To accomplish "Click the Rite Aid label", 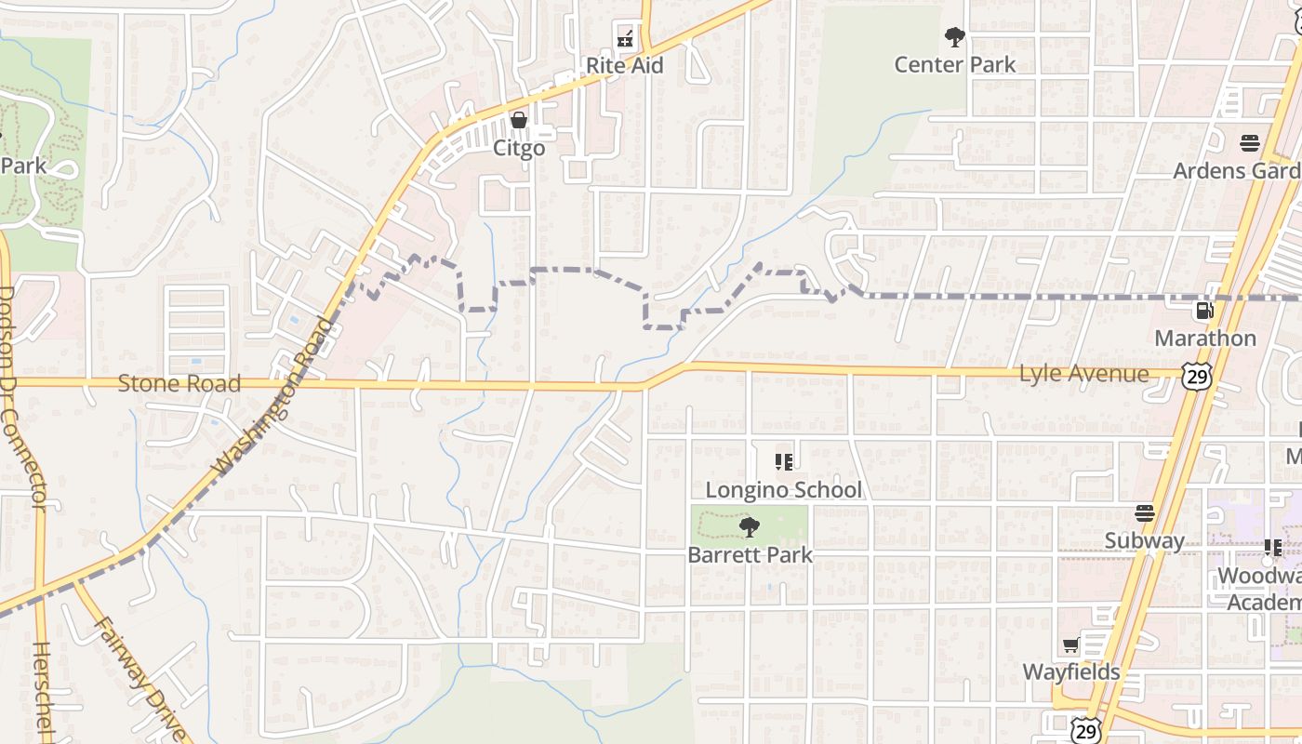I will point(624,65).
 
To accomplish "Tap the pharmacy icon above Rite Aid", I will point(625,39).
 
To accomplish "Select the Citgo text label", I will point(519,148).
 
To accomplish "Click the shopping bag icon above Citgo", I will point(519,121).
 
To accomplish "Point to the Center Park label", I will point(955,64).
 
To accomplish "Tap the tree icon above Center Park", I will point(954,37).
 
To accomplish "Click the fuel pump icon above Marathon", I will point(1204,311).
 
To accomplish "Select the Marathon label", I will point(1205,338).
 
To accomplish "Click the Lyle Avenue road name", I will point(1084,374).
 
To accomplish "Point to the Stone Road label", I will point(179,383).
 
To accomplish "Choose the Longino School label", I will point(784,489).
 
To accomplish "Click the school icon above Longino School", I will point(783,461).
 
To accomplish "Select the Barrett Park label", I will point(750,555).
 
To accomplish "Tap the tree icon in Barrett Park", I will point(749,528).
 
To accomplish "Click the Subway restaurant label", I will point(1145,540).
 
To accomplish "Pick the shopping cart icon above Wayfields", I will point(1070,645).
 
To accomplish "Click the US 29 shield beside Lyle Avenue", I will point(1196,376).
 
